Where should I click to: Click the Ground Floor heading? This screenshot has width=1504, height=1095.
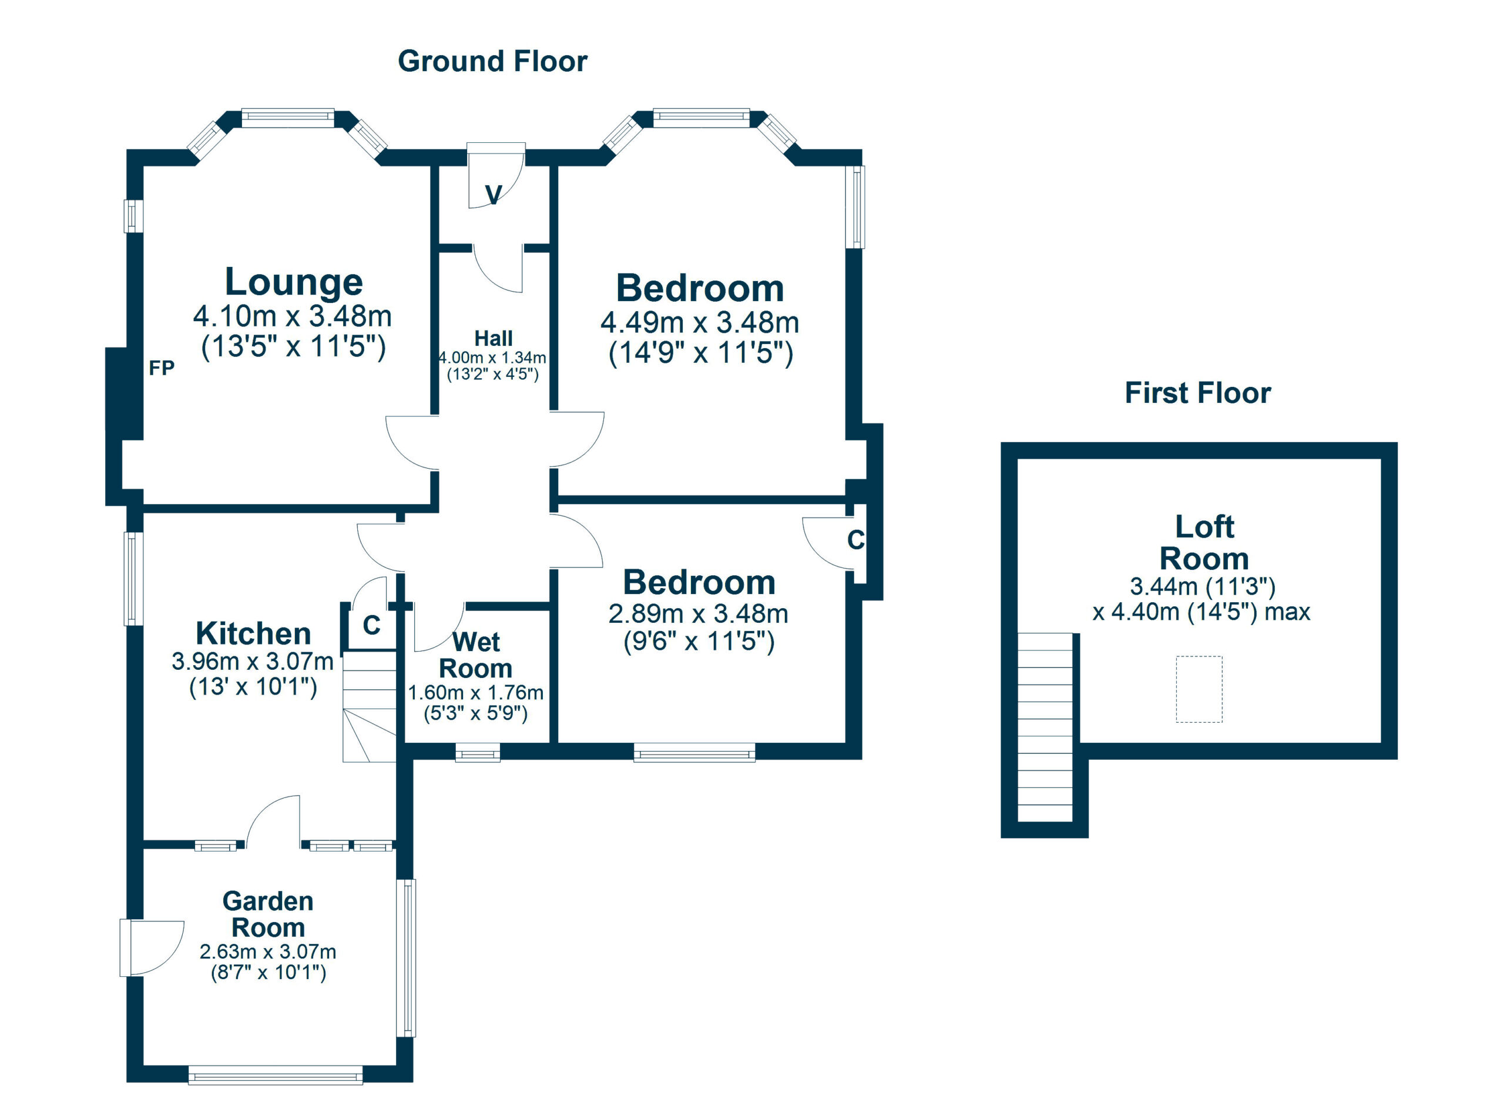click(x=492, y=62)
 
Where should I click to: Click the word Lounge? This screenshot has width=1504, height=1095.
click(x=294, y=282)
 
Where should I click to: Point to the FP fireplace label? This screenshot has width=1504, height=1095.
click(x=161, y=368)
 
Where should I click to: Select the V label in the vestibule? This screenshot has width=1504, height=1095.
click(x=493, y=195)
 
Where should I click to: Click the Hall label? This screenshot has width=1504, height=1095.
click(x=493, y=339)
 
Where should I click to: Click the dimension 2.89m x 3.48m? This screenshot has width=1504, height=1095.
click(x=699, y=614)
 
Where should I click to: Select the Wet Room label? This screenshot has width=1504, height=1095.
click(x=476, y=655)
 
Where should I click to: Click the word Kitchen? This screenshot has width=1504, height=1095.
click(x=253, y=634)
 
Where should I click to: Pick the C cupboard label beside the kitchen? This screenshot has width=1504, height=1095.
click(x=371, y=625)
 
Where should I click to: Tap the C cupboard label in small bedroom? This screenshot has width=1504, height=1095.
click(x=855, y=540)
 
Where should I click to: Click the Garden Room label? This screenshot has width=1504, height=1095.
click(x=268, y=914)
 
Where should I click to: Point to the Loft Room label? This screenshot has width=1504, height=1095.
click(x=1204, y=543)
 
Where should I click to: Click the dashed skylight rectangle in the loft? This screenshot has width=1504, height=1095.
click(x=1199, y=689)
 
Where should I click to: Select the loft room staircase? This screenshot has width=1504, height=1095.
click(x=1045, y=727)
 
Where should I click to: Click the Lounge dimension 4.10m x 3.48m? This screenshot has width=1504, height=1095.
click(x=293, y=316)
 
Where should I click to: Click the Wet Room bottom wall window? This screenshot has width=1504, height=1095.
click(x=478, y=753)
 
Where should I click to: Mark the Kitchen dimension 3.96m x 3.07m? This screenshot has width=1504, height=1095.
click(x=253, y=662)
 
